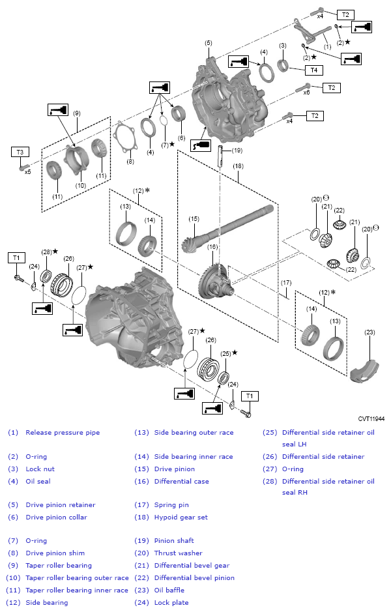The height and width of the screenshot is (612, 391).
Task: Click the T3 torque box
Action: (x=20, y=151)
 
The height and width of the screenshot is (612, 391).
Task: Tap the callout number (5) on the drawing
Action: (x=208, y=43)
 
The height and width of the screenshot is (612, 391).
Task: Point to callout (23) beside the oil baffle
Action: (x=369, y=332)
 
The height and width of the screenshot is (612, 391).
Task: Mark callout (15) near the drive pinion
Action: (x=194, y=218)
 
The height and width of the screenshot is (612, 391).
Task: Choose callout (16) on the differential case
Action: (x=212, y=247)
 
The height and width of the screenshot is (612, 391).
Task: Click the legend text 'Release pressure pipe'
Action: (x=63, y=432)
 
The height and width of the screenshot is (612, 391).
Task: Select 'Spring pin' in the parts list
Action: (x=172, y=504)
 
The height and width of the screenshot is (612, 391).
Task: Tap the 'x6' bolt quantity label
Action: (x=306, y=92)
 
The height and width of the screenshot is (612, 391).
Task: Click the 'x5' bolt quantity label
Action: (x=28, y=172)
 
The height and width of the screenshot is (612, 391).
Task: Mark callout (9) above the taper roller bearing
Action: (x=77, y=113)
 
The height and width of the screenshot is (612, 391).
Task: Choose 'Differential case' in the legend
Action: (x=181, y=481)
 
